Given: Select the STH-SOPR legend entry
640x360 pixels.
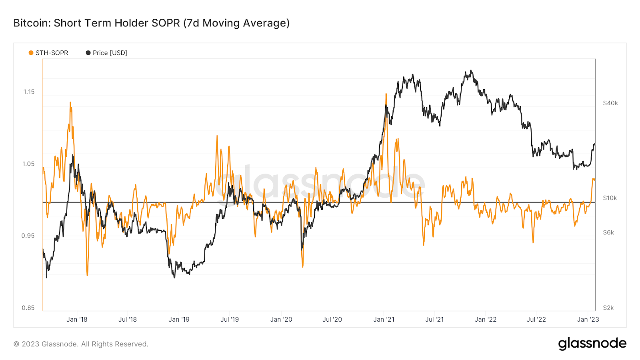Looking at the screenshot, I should [48, 53].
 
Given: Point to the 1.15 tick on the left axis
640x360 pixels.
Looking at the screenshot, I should [29, 92].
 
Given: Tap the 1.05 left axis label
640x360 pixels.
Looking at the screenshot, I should [28, 164].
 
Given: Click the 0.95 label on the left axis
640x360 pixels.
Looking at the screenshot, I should [28, 236].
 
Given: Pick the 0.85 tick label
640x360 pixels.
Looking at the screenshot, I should [28, 308].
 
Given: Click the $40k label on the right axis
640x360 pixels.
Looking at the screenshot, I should [610, 103].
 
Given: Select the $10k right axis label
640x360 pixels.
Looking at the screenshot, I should [610, 198].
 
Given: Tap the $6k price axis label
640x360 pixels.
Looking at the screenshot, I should [608, 232].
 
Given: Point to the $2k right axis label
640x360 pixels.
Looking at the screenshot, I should [608, 308].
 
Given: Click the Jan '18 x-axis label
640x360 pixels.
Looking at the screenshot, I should [77, 319].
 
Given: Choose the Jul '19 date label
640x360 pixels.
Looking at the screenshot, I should [230, 319].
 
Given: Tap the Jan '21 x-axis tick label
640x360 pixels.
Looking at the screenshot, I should [384, 319].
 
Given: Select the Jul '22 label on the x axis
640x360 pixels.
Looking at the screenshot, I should [536, 319].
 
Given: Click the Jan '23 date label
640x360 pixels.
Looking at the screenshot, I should [588, 319].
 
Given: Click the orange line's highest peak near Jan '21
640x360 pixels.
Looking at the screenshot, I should [386, 94].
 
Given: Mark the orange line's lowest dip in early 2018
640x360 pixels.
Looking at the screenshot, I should [87, 275].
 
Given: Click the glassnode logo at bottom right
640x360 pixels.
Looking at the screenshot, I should [592, 343].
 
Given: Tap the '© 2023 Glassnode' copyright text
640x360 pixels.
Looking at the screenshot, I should [81, 344].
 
